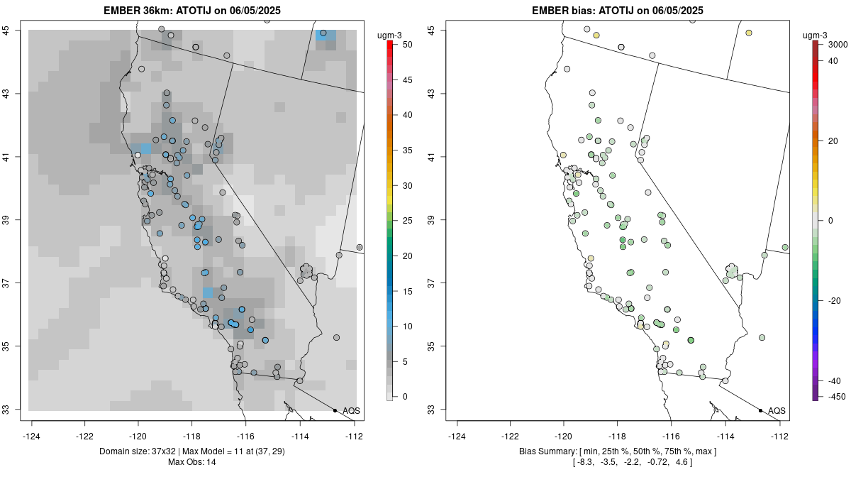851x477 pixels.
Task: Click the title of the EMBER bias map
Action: [x=617, y=11]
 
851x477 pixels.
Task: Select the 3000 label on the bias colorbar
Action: [x=828, y=45]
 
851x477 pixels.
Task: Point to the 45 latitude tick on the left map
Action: [x=15, y=30]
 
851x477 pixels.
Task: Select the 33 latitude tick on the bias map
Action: [x=440, y=410]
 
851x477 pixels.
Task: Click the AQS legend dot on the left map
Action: [x=335, y=410]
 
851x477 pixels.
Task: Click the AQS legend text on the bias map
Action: [x=777, y=410]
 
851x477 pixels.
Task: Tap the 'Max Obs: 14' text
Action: [x=191, y=462]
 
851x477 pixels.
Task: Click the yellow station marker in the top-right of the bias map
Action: [x=749, y=33]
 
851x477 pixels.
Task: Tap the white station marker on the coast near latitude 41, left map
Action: [x=138, y=155]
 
